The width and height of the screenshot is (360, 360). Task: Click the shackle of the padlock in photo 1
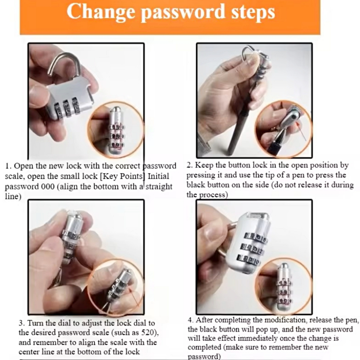click(x=65, y=66)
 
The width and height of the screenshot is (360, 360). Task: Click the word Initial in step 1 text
click(x=159, y=176)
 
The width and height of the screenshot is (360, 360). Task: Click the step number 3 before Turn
click(x=21, y=323)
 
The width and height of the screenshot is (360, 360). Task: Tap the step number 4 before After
click(x=190, y=320)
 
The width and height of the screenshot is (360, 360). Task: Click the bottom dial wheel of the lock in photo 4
click(x=248, y=260)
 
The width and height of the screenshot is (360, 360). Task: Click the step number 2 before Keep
click(x=189, y=165)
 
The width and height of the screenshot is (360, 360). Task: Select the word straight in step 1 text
click(x=159, y=187)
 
